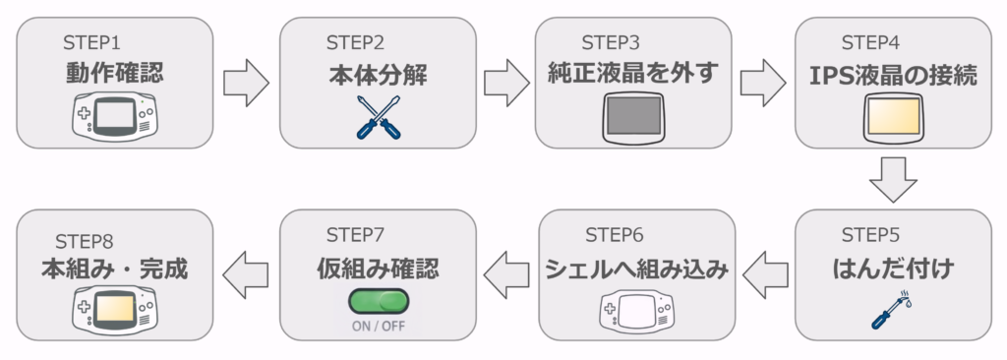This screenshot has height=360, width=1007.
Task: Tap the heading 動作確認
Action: click(x=114, y=74)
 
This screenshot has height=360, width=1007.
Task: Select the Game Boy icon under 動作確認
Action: click(x=114, y=118)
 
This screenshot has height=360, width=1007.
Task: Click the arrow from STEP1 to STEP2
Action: click(x=246, y=83)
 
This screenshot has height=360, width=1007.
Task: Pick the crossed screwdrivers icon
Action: click(x=379, y=117)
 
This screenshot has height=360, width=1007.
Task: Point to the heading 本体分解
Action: click(x=378, y=77)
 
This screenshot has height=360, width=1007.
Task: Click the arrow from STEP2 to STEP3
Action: click(x=506, y=83)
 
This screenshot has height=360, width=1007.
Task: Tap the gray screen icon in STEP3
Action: click(x=633, y=116)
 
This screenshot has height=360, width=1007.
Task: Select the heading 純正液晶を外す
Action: click(x=633, y=74)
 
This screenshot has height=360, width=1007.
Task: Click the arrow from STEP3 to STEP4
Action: click(x=763, y=83)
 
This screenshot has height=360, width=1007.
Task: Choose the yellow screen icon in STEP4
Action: click(x=894, y=116)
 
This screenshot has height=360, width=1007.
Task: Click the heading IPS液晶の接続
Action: click(x=893, y=75)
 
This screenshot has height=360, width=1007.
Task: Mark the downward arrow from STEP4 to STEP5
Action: click(x=893, y=180)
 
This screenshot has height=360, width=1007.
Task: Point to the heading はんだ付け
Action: click(x=893, y=269)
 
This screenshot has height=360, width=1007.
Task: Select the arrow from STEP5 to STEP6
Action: click(x=765, y=273)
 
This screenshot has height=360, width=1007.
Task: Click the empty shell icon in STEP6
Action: click(x=634, y=311)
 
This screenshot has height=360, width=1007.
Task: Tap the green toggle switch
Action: click(x=379, y=300)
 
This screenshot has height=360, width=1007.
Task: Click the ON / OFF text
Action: click(x=379, y=326)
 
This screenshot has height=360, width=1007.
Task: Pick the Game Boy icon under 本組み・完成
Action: click(x=114, y=310)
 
